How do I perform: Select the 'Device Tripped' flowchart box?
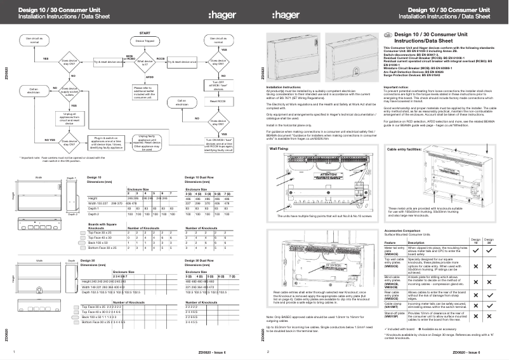tap(145, 40)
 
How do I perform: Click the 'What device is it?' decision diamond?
tap(145, 62)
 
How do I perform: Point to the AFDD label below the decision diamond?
tap(150, 76)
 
